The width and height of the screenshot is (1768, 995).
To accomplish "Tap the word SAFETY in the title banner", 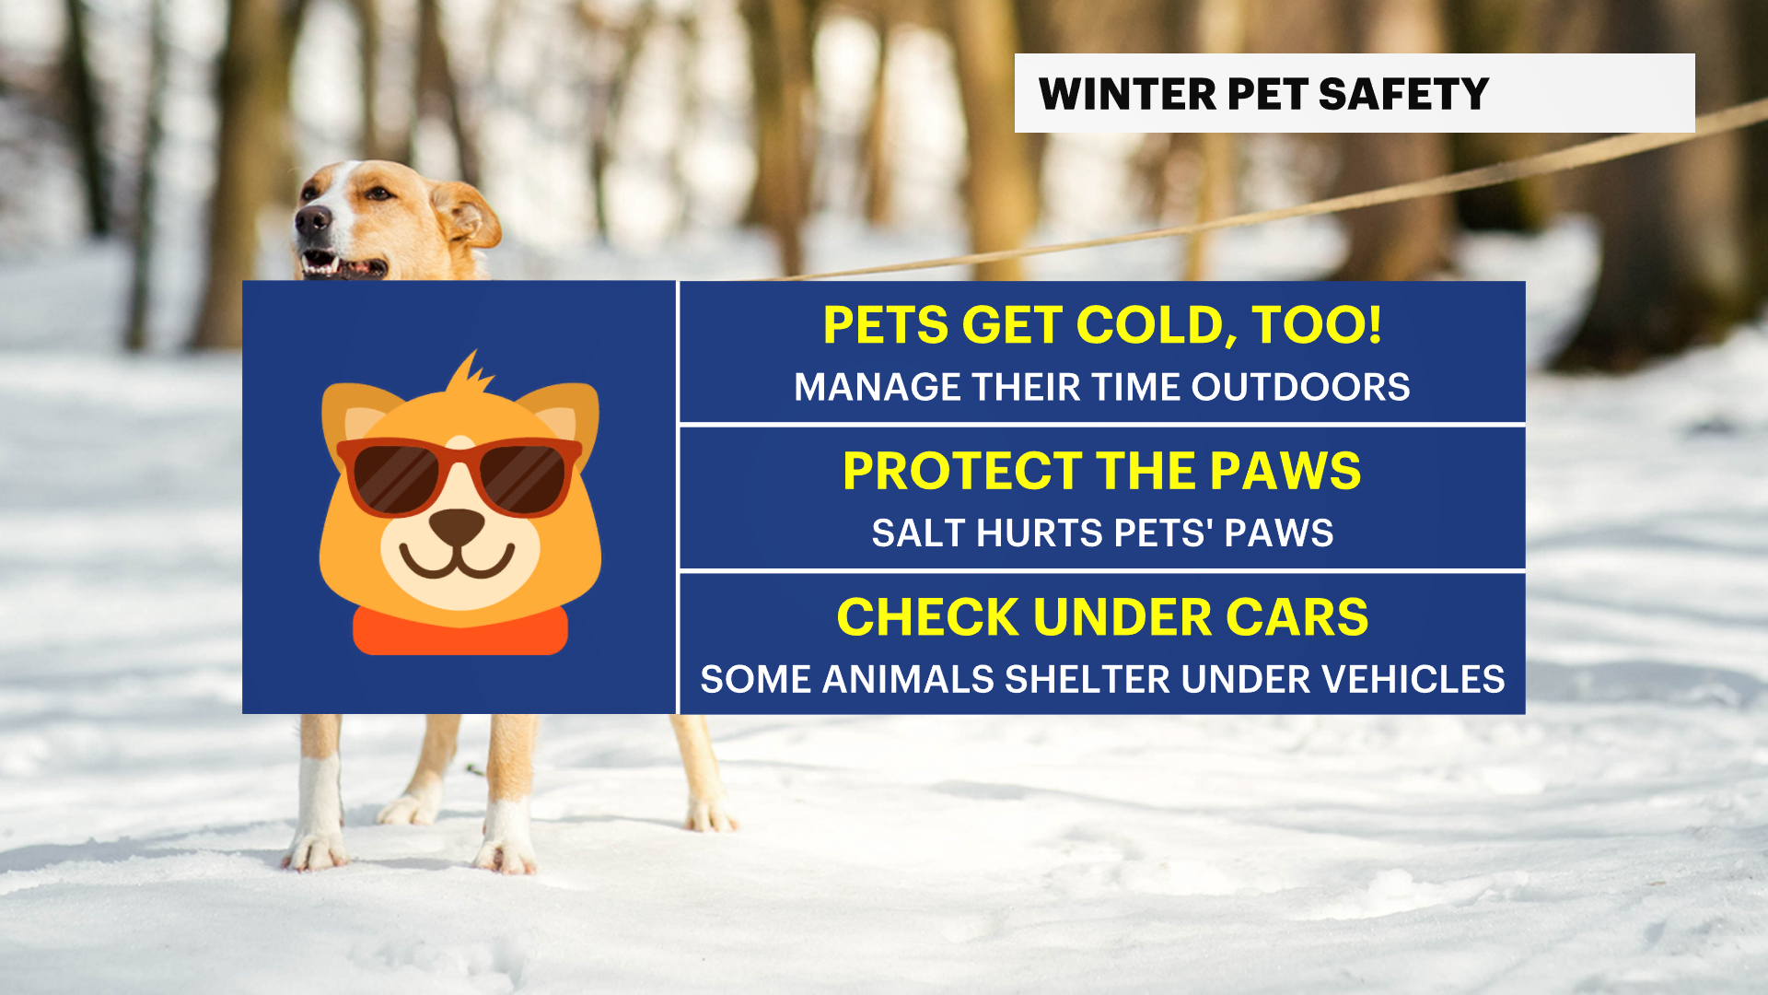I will coord(1403,94).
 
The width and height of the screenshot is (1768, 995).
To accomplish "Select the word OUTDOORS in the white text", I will coord(1300,387).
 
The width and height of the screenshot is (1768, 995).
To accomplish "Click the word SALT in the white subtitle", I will coord(918,533).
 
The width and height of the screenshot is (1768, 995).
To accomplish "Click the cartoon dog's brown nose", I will coord(457,525).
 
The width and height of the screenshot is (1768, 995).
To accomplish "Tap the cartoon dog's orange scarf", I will coord(459,633).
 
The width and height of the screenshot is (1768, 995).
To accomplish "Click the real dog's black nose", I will coord(312,219).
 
